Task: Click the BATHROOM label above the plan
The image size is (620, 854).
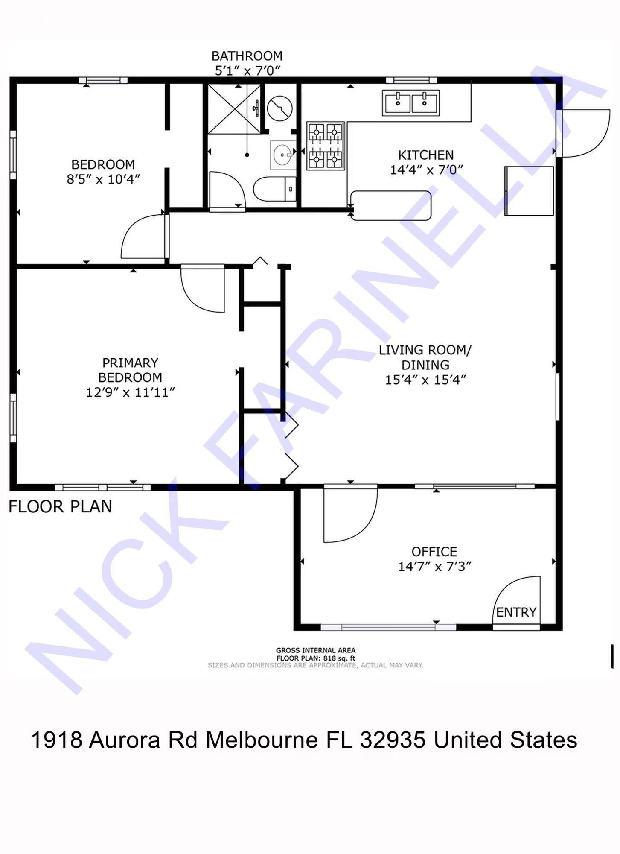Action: click(x=247, y=56)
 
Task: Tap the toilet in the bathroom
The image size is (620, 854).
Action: click(x=274, y=189)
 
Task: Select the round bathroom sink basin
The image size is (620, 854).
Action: click(x=282, y=154)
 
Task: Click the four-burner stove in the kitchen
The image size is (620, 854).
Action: click(x=325, y=146)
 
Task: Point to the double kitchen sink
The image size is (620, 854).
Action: click(x=410, y=103)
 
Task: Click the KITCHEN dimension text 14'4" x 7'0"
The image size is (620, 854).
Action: click(x=426, y=170)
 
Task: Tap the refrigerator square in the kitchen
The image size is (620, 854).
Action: click(x=529, y=191)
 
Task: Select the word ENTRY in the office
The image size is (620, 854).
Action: click(x=516, y=612)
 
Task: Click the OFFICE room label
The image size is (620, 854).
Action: click(x=434, y=552)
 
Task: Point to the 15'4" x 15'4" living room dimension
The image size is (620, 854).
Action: click(x=425, y=380)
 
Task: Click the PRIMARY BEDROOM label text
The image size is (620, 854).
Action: click(x=130, y=370)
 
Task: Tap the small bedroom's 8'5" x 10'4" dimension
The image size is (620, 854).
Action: click(x=103, y=179)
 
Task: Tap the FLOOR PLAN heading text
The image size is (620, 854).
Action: click(x=60, y=506)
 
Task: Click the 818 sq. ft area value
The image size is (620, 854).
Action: click(x=339, y=658)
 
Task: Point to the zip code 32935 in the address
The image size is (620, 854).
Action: click(x=393, y=740)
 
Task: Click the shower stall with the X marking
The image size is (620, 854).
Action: click(x=234, y=109)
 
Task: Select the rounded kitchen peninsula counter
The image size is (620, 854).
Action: click(x=390, y=205)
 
